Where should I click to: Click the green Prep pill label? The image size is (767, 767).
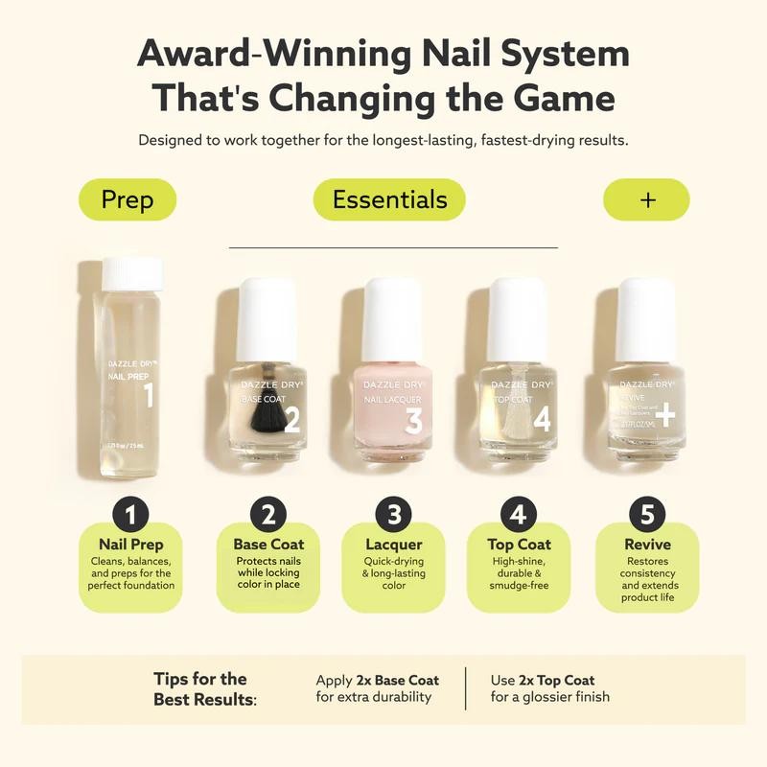[x=127, y=199]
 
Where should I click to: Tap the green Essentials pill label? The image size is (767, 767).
[x=389, y=199]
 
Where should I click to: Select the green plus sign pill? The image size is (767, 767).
[x=646, y=199]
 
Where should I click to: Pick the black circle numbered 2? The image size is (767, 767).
[x=268, y=516]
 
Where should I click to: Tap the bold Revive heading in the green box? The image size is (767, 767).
[x=647, y=545]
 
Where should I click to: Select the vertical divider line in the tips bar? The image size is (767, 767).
[x=466, y=688]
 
